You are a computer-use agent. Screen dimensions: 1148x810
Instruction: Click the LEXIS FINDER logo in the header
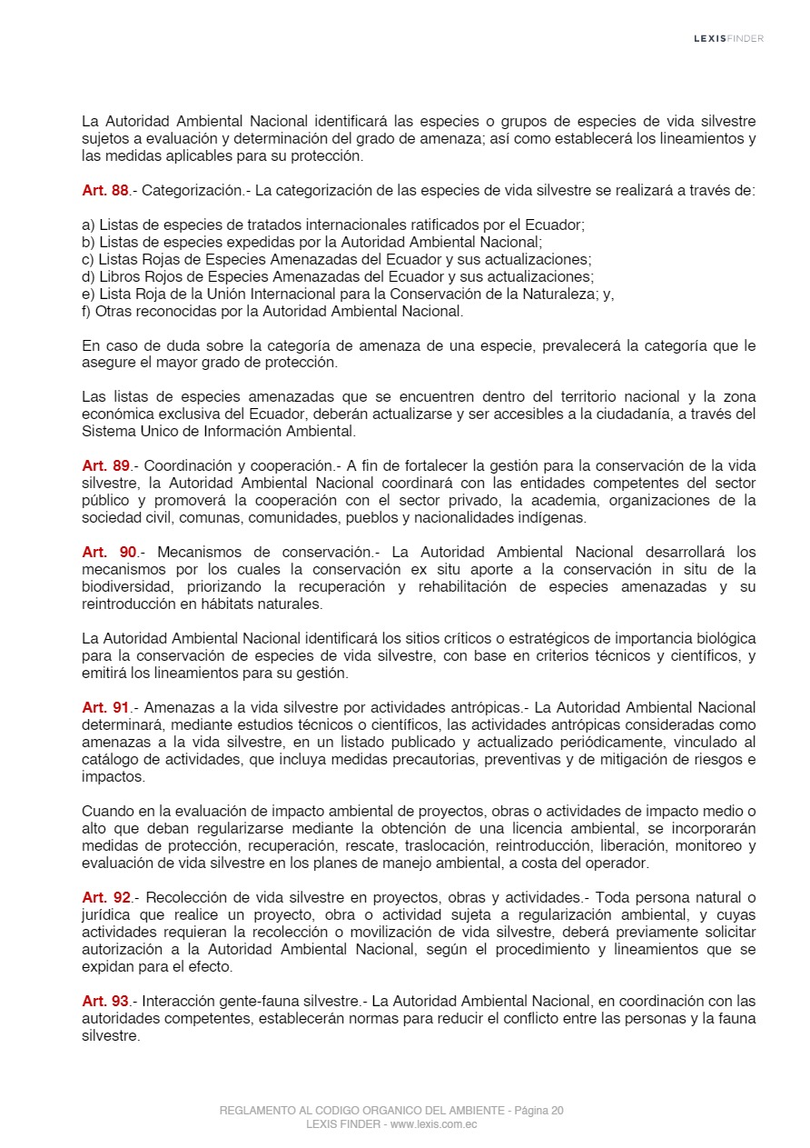coord(728,38)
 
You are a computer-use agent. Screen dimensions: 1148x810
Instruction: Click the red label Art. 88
coord(105,191)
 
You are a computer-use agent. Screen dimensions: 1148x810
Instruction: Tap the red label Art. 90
coord(109,553)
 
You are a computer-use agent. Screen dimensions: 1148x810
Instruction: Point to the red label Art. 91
coord(105,707)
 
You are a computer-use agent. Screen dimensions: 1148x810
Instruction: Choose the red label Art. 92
coord(105,898)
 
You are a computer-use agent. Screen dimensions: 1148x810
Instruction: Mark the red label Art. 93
coord(105,1002)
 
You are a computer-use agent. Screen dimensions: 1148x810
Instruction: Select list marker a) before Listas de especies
coord(88,225)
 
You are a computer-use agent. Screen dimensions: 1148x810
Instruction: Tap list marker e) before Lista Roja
coord(88,294)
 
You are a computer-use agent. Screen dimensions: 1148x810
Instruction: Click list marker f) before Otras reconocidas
coord(87,311)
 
